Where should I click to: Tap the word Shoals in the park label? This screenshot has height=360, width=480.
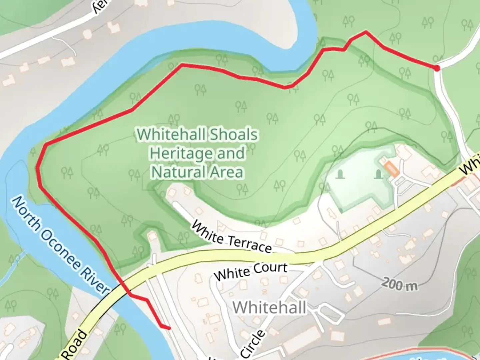click(233, 135)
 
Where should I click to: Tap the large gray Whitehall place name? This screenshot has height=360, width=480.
click(269, 307)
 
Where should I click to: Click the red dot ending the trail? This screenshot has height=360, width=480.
click(437, 68)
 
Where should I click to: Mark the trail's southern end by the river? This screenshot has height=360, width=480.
click(169, 328)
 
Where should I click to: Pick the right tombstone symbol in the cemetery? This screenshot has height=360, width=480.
click(378, 174)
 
